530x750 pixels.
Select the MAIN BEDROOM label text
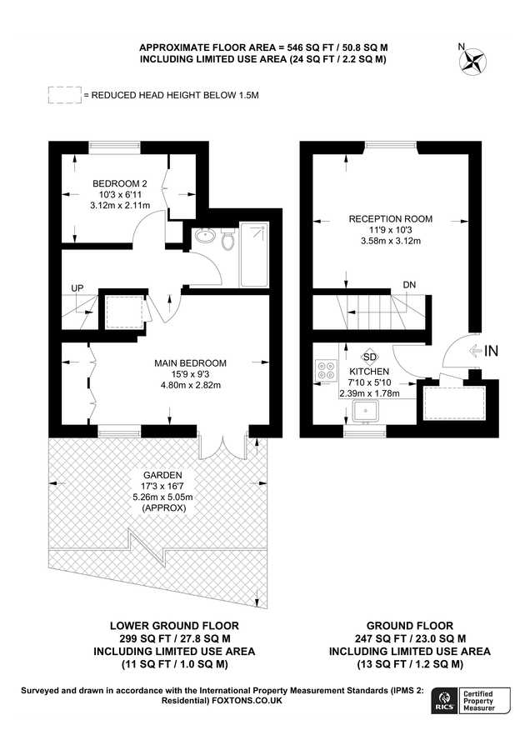pos(190,363)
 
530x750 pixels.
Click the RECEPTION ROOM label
pos(390,218)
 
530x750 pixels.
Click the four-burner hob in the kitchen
pos(326,371)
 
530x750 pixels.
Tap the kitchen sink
pos(366,411)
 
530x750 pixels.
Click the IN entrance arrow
pos(483,352)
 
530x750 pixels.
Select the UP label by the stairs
pos(78,288)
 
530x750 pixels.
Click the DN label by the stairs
pos(409,285)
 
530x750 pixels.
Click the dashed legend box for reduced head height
pos(65,95)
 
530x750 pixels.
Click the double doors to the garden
pos(222,447)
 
